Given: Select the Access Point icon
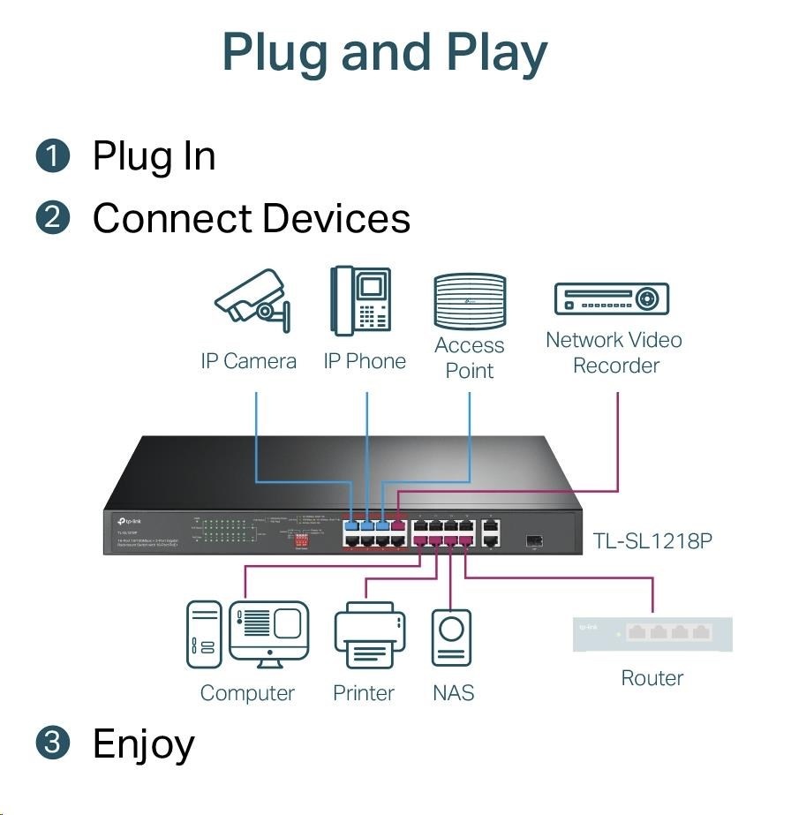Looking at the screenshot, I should [470, 301].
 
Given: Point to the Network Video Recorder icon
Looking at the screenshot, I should [611, 299].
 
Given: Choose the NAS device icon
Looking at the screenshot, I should [451, 638].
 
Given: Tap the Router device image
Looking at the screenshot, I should [652, 634].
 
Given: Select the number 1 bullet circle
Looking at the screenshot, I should [53, 157].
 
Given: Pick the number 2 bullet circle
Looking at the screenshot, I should [53, 217].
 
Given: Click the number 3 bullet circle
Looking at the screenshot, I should [53, 743].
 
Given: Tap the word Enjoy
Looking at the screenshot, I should [143, 743].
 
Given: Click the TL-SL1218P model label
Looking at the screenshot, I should [652, 540].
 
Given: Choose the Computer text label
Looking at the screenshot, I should [247, 693].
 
